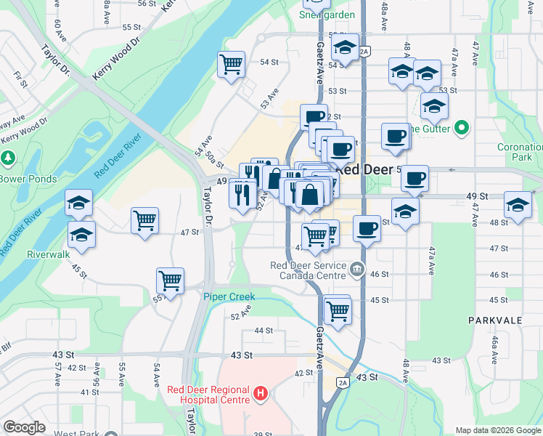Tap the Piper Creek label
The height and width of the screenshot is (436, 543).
click(x=227, y=296)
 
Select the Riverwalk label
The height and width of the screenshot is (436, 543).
click(x=47, y=255)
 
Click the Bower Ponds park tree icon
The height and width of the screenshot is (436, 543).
click(x=7, y=158)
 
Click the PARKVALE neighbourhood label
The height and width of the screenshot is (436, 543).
click(x=497, y=320)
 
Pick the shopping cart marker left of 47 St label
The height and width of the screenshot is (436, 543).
click(x=144, y=220)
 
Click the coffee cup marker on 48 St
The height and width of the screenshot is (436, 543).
click(x=367, y=228)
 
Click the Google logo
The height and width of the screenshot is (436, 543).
click(x=24, y=427)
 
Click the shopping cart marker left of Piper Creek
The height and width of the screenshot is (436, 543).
click(x=170, y=280)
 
